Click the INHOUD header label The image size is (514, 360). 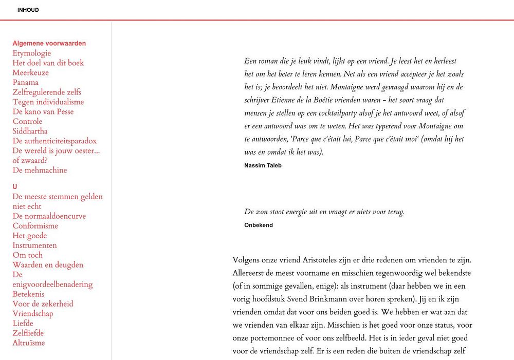(28, 10)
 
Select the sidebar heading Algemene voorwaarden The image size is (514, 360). (49, 44)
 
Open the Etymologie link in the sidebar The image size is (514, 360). (31, 53)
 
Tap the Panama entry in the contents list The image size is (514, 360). (25, 82)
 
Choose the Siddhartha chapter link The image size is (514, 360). (30, 131)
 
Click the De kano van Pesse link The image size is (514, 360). (43, 111)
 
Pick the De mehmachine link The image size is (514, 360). (40, 170)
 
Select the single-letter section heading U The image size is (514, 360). (15, 187)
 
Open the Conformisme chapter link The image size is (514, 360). (35, 226)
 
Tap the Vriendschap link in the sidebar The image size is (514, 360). (32, 313)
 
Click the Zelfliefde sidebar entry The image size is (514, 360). (28, 333)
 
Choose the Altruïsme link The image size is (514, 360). (28, 343)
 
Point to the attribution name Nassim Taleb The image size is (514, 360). (263, 165)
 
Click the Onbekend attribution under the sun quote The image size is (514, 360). (259, 225)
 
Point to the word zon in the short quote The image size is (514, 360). (264, 212)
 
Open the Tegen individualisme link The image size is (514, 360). (48, 102)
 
